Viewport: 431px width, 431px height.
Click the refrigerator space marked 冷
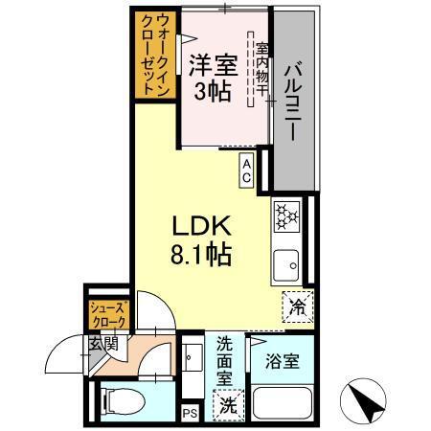[298, 307]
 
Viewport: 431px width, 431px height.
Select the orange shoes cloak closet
[105, 315]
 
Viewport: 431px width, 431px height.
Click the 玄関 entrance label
[103, 343]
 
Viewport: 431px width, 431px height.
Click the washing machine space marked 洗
[228, 405]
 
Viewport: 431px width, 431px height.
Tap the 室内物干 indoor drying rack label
[259, 72]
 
